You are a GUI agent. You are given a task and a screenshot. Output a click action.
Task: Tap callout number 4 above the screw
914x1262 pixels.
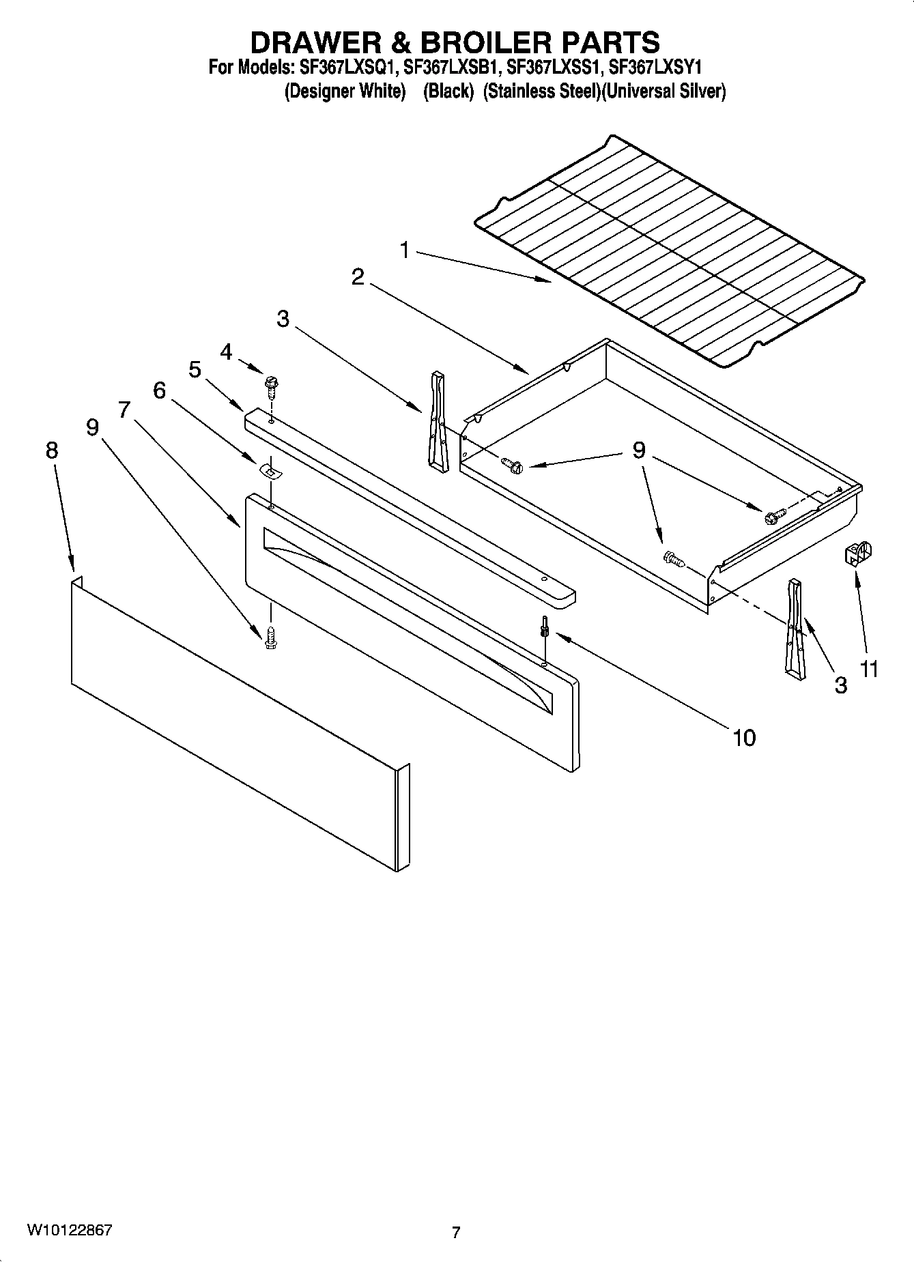tap(226, 352)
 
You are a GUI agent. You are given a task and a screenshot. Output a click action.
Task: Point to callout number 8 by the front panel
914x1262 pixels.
tap(52, 450)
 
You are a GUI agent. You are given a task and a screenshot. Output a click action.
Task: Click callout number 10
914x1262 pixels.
tap(744, 737)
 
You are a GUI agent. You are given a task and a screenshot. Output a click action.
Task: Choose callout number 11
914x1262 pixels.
tap(868, 669)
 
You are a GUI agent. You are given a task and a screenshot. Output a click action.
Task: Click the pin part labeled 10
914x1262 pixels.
tap(545, 625)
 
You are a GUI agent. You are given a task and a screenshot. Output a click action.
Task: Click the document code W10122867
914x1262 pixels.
tap(70, 1231)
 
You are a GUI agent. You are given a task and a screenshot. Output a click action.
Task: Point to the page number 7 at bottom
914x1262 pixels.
tap(455, 1233)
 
